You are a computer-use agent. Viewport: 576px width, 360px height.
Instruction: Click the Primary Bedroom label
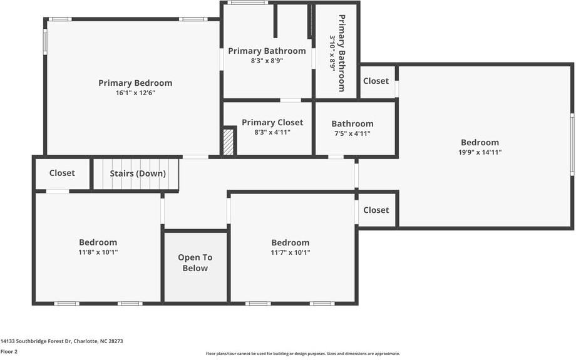coord(135,83)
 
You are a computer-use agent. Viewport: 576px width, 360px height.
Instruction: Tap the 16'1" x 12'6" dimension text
coord(136,93)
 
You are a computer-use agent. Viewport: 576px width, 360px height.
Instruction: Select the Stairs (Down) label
coord(138,173)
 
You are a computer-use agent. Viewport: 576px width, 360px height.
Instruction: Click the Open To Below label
coord(195,263)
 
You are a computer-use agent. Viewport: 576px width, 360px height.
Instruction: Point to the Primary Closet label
coord(272,122)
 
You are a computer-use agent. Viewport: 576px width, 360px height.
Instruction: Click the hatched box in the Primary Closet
coord(229,141)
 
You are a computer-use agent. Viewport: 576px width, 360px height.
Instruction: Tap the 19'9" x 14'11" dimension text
coord(480,152)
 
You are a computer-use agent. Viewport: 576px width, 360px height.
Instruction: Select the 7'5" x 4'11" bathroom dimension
coord(352,134)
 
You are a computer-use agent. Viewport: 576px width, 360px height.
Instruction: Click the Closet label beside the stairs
coord(62,173)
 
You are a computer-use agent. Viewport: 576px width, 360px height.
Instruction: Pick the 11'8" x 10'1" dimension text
coord(98,252)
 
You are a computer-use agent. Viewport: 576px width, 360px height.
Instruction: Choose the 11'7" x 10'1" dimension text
coord(291,252)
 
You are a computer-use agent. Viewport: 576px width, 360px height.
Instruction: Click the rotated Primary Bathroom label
coord(342,53)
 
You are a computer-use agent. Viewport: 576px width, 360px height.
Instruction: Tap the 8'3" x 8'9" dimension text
coord(267,61)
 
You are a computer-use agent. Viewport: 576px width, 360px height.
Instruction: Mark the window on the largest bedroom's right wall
coord(572,143)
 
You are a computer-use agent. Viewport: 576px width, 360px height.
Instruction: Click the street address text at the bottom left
coord(62,341)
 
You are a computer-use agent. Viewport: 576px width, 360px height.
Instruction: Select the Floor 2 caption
coord(9,352)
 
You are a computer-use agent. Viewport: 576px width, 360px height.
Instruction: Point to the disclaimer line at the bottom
coord(302,354)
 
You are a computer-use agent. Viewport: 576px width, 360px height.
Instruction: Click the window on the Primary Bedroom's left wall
coord(46,41)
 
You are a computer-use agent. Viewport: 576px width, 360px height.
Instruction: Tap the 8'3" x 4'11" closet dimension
coord(272,132)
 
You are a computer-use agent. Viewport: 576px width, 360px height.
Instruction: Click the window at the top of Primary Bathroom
coord(247,3)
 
